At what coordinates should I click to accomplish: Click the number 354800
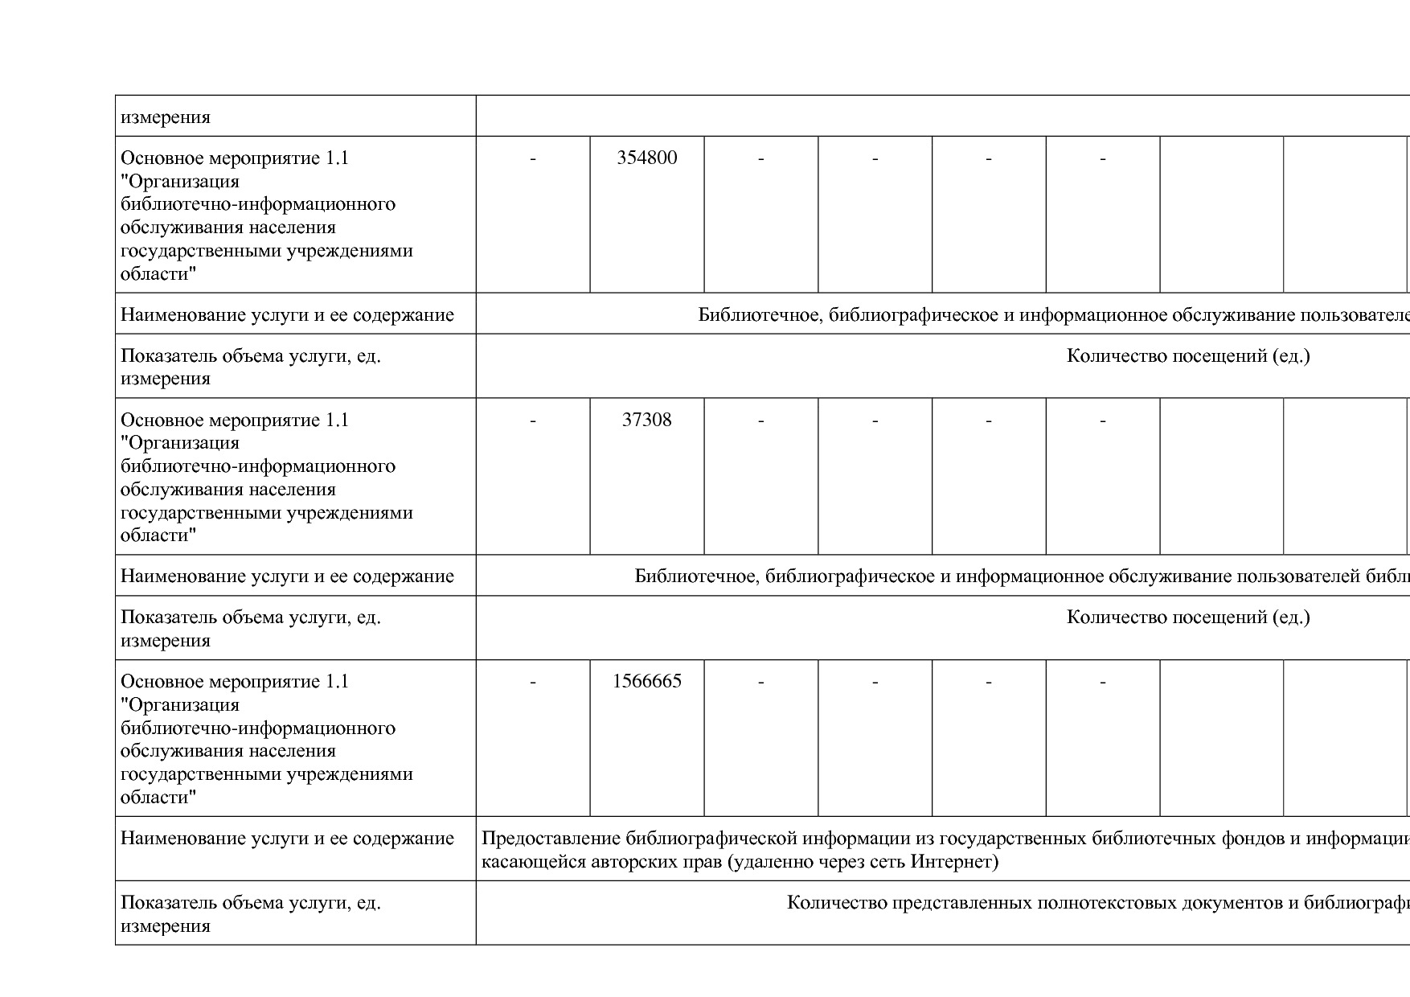pos(646,158)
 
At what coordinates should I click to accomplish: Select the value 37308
pos(646,420)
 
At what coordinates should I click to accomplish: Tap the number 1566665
pos(646,681)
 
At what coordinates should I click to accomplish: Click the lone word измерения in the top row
pos(166,117)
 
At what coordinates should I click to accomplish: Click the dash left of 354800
pos(533,158)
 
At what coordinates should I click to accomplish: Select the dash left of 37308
pos(533,420)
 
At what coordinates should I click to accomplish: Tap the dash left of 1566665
pos(533,681)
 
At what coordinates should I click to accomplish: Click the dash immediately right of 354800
pos(760,158)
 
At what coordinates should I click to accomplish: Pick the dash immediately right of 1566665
pos(760,681)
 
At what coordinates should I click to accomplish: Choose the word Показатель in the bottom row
pos(168,903)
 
